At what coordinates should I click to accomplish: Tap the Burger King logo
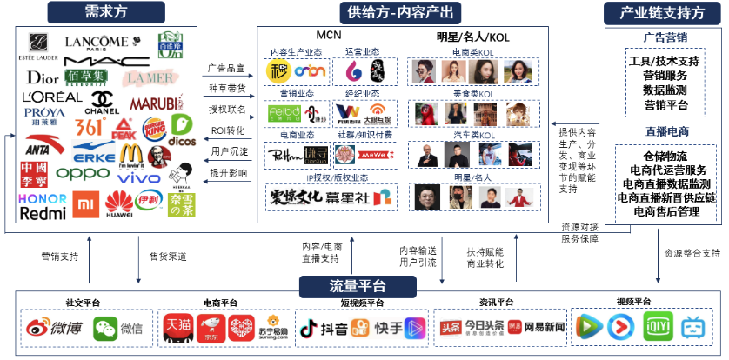(154, 127)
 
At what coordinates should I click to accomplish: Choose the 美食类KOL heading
(473, 94)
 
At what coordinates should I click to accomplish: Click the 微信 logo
(119, 329)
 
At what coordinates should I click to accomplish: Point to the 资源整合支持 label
(692, 254)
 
